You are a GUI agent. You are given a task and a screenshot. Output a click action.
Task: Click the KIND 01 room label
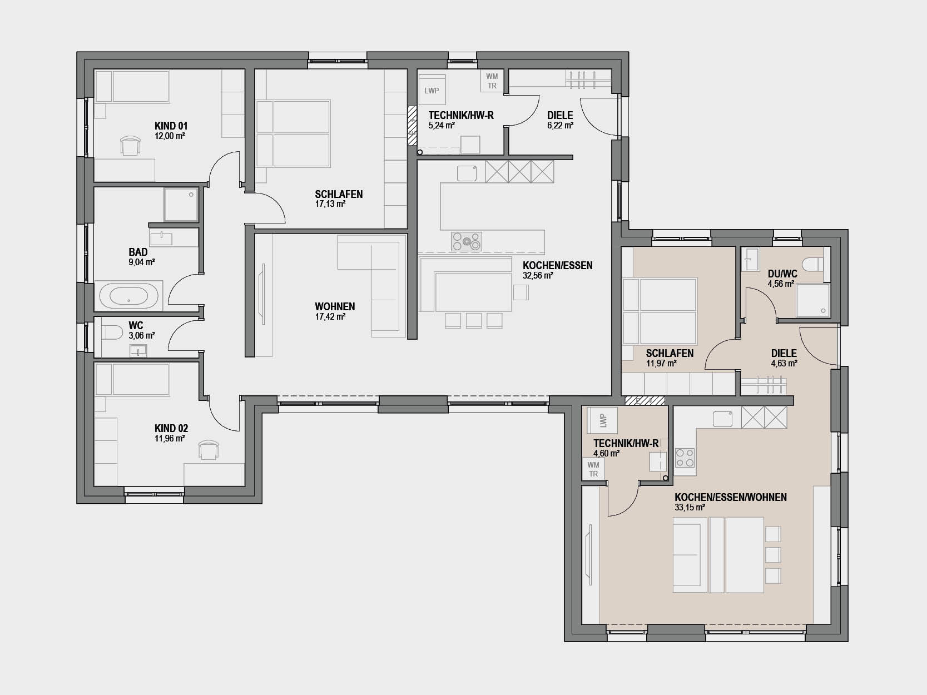(171, 126)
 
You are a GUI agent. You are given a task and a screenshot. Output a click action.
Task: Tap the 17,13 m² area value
(330, 204)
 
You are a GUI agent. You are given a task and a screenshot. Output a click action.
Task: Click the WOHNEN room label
(334, 306)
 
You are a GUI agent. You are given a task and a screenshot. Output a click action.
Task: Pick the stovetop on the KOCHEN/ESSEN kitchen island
(466, 241)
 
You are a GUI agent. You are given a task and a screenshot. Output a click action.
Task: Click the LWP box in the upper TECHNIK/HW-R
(432, 91)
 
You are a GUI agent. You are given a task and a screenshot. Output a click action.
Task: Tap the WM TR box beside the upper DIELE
(492, 81)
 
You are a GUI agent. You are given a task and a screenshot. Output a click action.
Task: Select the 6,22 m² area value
(561, 126)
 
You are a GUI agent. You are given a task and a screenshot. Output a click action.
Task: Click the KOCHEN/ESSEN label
(557, 266)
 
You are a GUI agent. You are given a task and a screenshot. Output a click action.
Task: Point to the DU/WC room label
(782, 274)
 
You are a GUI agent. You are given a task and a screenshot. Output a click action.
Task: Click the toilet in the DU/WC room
(814, 265)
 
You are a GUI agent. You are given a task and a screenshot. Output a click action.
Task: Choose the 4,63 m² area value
(784, 363)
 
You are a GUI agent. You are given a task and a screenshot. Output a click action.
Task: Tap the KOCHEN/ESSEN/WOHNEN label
(731, 498)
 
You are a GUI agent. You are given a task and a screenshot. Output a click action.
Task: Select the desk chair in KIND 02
(209, 449)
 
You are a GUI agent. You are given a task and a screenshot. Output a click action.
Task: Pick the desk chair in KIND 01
(130, 146)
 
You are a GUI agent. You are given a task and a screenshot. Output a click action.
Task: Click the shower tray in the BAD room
(181, 205)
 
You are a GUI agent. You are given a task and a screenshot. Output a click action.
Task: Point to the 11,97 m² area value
(661, 363)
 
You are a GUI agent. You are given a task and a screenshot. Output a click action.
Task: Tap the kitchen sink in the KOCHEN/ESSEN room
(467, 173)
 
